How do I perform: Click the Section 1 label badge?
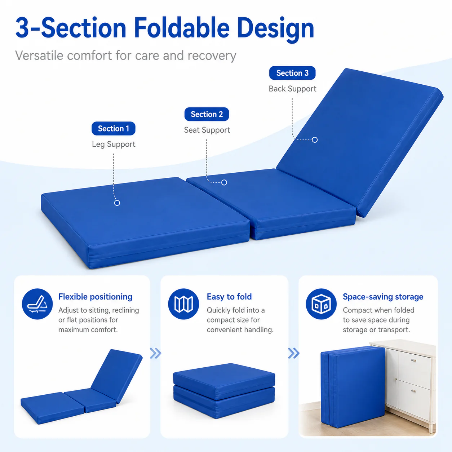click(113, 128)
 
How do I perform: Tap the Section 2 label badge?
click(207, 114)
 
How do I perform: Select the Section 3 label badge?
click(292, 73)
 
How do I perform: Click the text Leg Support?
click(114, 144)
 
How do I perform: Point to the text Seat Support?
click(207, 130)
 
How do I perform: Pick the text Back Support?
click(292, 89)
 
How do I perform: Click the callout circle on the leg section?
click(117, 203)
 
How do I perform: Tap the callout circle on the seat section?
click(224, 182)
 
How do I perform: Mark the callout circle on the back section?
click(315, 140)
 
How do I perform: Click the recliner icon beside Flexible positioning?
click(37, 304)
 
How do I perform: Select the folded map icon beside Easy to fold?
click(183, 304)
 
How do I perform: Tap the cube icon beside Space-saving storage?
click(321, 304)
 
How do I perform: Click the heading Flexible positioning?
click(95, 297)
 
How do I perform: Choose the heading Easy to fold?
click(229, 297)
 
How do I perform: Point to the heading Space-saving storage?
click(383, 297)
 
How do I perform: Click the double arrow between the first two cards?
click(155, 353)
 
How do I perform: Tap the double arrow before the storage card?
click(294, 353)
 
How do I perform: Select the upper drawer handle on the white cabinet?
click(413, 360)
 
